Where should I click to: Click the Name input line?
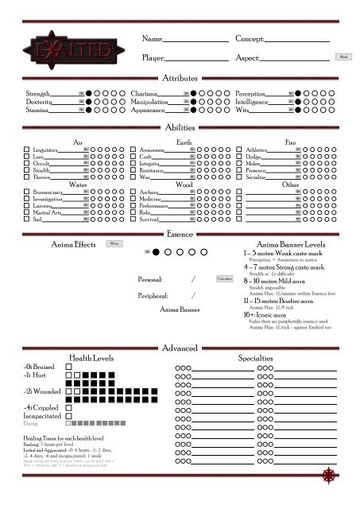point(196,39)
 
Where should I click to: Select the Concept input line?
point(297,39)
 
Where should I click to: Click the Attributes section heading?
point(179,79)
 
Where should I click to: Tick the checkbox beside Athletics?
point(240,150)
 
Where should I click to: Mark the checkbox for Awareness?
point(134,150)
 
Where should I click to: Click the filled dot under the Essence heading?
point(157,252)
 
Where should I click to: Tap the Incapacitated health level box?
point(69,414)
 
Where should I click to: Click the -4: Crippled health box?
point(69,404)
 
